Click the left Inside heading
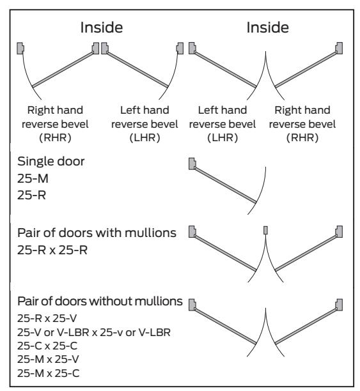pyautogui.click(x=102, y=27)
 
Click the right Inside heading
pyautogui.click(x=268, y=27)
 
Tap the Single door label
pyautogui.click(x=51, y=162)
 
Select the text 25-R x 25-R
pyautogui.click(x=52, y=250)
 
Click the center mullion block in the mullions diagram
pyautogui.click(x=265, y=230)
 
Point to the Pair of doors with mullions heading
pyautogui.click(x=97, y=233)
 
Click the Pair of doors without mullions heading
pyautogui.click(x=100, y=301)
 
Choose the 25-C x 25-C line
pyautogui.click(x=47, y=346)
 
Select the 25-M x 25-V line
pyautogui.click(x=48, y=359)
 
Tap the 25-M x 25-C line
pyautogui.click(x=49, y=373)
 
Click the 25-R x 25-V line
pyautogui.click(x=47, y=318)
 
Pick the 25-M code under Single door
pyautogui.click(x=33, y=178)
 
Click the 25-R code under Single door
pyautogui.click(x=32, y=195)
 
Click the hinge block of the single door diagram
pyautogui.click(x=192, y=164)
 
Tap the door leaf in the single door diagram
pyautogui.click(x=226, y=185)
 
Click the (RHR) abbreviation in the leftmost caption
pyautogui.click(x=55, y=137)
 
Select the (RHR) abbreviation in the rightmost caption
pyautogui.click(x=302, y=137)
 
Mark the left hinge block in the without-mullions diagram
pyautogui.click(x=192, y=305)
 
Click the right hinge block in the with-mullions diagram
pyautogui.click(x=339, y=232)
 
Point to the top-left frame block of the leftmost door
pyautogui.click(x=20, y=48)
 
